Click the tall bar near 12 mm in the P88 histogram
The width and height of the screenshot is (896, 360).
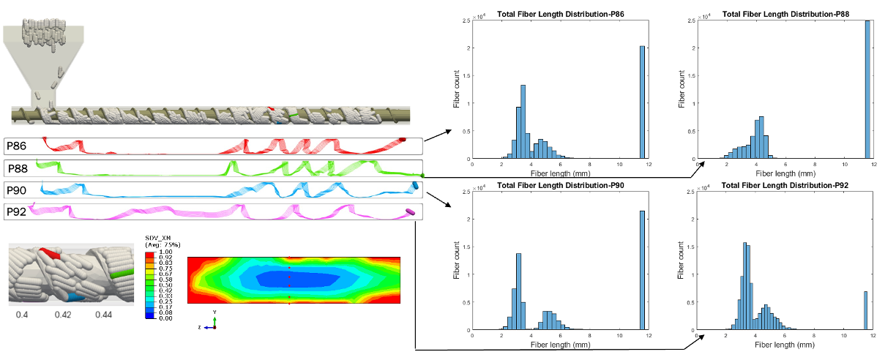click(867, 89)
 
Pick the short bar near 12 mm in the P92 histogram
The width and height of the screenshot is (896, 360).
click(865, 311)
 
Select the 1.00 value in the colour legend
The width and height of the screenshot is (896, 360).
click(165, 252)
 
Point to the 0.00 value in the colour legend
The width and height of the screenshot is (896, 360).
click(165, 318)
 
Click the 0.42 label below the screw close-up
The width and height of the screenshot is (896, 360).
click(63, 314)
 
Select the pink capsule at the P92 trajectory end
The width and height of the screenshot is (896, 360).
click(411, 213)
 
